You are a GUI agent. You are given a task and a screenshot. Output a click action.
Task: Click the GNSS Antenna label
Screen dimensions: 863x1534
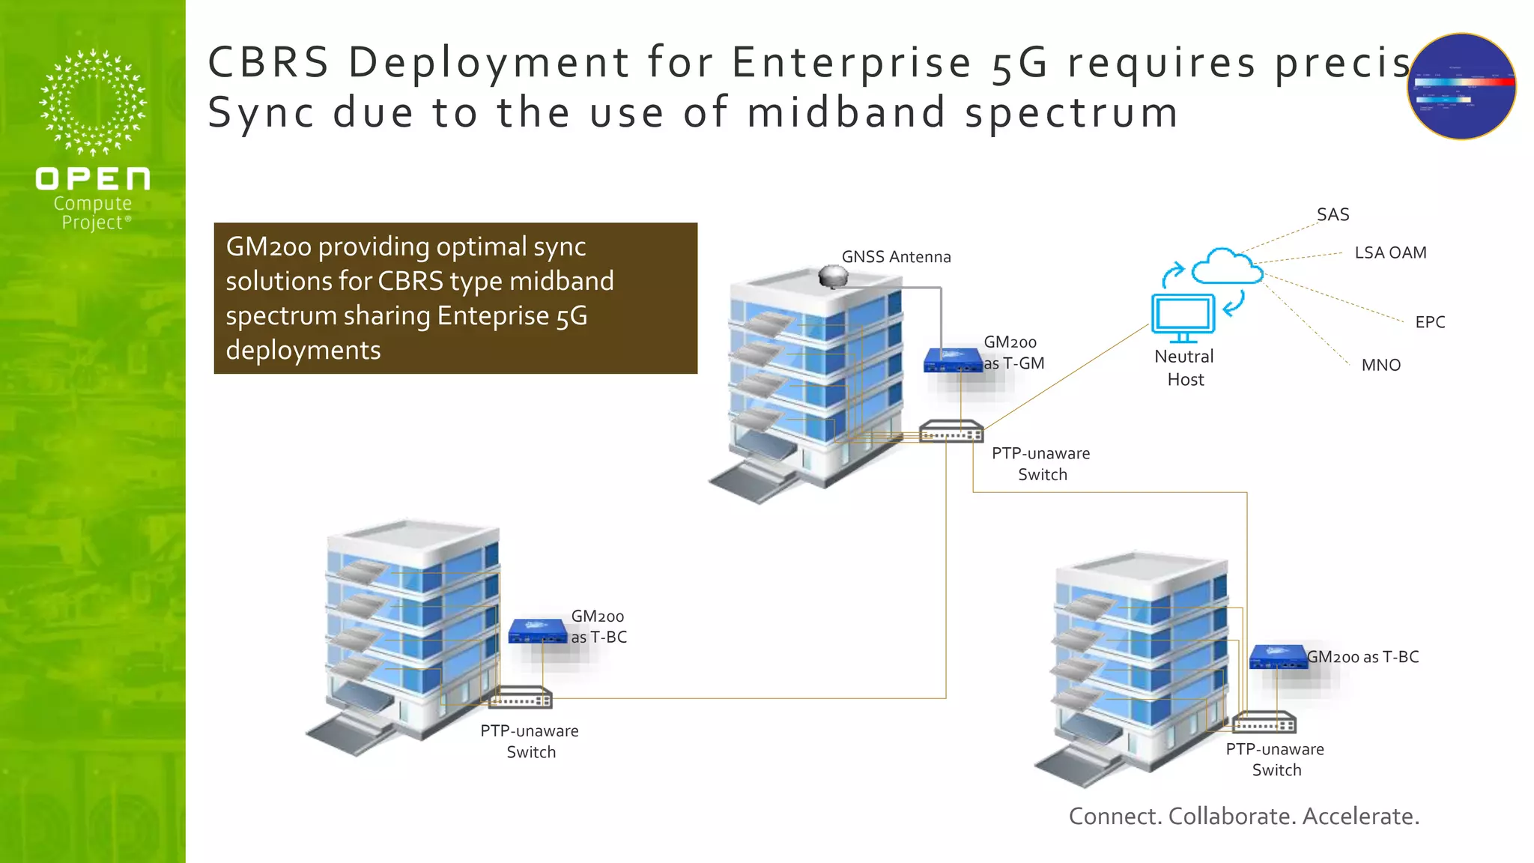(896, 257)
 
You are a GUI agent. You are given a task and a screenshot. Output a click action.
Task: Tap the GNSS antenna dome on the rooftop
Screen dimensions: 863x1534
(833, 276)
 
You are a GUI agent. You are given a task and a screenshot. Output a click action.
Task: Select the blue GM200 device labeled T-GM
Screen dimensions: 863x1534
(952, 360)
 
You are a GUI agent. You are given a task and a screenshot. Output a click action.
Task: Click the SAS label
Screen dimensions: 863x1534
(1333, 215)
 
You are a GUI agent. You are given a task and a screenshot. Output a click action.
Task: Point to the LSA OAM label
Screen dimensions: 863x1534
(1390, 253)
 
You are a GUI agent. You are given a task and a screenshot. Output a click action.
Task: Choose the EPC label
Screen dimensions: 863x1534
(1429, 322)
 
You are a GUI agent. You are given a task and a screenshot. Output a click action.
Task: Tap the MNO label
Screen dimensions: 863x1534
(1380, 366)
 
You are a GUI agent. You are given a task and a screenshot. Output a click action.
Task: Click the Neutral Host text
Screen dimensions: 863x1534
(1184, 368)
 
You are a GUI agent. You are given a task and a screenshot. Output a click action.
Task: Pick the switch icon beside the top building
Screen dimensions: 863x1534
(951, 432)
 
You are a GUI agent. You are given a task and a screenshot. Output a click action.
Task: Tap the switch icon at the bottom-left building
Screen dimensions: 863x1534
(521, 698)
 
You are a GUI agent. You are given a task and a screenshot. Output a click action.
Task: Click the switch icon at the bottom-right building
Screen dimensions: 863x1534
(1264, 723)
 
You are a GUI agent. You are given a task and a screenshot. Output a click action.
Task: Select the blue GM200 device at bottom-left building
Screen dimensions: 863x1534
(537, 632)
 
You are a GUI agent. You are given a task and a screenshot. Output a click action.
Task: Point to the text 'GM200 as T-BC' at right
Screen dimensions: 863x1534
(1362, 657)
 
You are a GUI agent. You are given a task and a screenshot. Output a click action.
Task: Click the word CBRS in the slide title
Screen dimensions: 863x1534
(268, 62)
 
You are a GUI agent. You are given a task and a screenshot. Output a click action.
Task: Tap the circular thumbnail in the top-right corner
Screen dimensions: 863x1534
(1461, 86)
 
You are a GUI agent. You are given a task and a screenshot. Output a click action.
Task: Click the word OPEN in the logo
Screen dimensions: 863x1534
(93, 179)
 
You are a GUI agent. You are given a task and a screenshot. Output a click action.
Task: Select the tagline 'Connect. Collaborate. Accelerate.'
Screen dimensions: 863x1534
(1243, 816)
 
